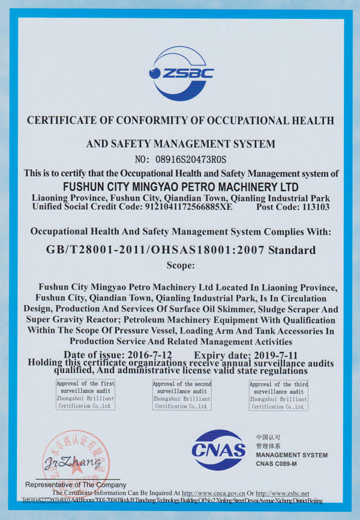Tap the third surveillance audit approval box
[278, 395]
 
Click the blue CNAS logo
[218, 449]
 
